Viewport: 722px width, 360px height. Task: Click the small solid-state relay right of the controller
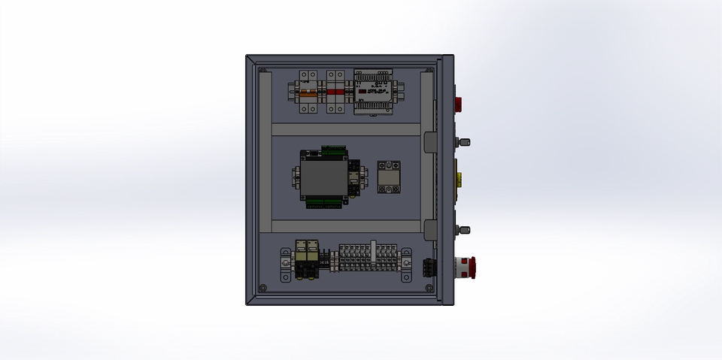pyautogui.click(x=388, y=177)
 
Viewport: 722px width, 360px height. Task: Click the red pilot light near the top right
pyautogui.click(x=457, y=103)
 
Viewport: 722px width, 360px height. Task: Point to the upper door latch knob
pyautogui.click(x=466, y=142)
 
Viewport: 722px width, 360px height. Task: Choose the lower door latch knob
pyautogui.click(x=466, y=229)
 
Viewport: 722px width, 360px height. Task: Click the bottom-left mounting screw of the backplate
pyautogui.click(x=262, y=288)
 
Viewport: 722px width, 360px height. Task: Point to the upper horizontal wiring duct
pyautogui.click(x=345, y=129)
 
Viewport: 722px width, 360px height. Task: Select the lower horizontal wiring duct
pyautogui.click(x=345, y=226)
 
